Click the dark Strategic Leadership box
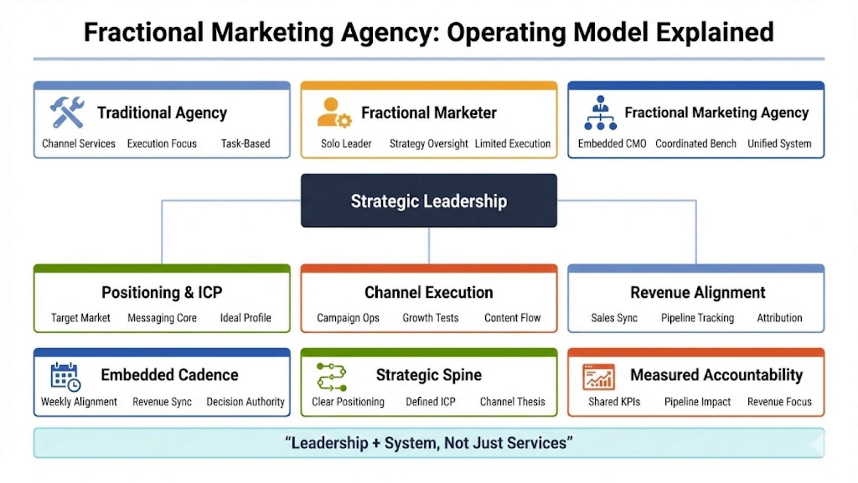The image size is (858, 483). click(x=428, y=201)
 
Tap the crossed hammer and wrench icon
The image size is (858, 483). click(x=67, y=112)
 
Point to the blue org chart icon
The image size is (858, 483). click(x=600, y=113)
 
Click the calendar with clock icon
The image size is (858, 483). click(x=65, y=377)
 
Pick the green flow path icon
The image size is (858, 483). click(x=331, y=377)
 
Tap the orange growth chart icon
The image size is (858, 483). click(x=598, y=377)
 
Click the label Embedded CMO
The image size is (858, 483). click(x=612, y=144)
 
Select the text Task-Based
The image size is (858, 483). click(x=246, y=144)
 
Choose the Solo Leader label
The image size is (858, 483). click(x=346, y=144)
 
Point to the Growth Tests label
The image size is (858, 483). click(x=431, y=318)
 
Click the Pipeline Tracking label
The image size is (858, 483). click(x=697, y=318)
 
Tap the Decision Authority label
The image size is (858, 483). click(x=246, y=401)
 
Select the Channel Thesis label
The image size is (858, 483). click(x=512, y=401)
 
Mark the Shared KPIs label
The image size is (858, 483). click(x=614, y=401)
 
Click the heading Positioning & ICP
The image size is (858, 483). click(x=162, y=292)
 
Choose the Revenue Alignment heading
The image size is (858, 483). click(x=698, y=292)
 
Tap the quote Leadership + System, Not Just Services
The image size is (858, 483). click(x=429, y=443)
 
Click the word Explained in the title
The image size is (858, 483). click(x=715, y=32)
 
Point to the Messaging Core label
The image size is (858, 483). click(x=162, y=318)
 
